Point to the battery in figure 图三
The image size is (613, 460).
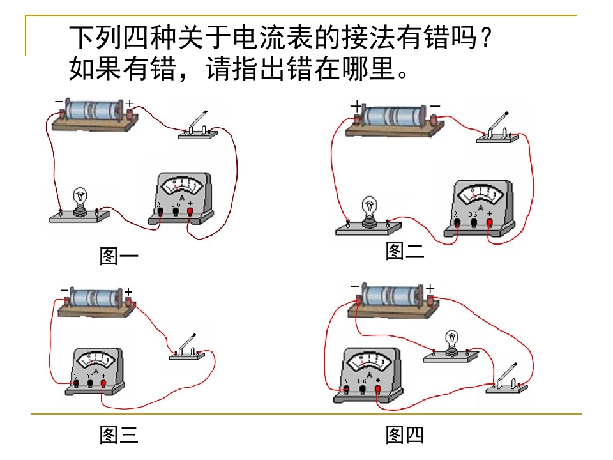(x=96, y=300)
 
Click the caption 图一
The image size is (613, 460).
(x=119, y=256)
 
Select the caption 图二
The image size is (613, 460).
(x=404, y=251)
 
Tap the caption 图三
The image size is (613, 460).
(x=119, y=435)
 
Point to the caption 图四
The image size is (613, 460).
(x=405, y=435)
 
